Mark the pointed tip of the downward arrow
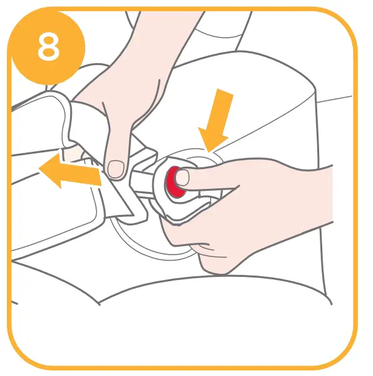(209, 151)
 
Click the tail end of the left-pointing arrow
(100, 178)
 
